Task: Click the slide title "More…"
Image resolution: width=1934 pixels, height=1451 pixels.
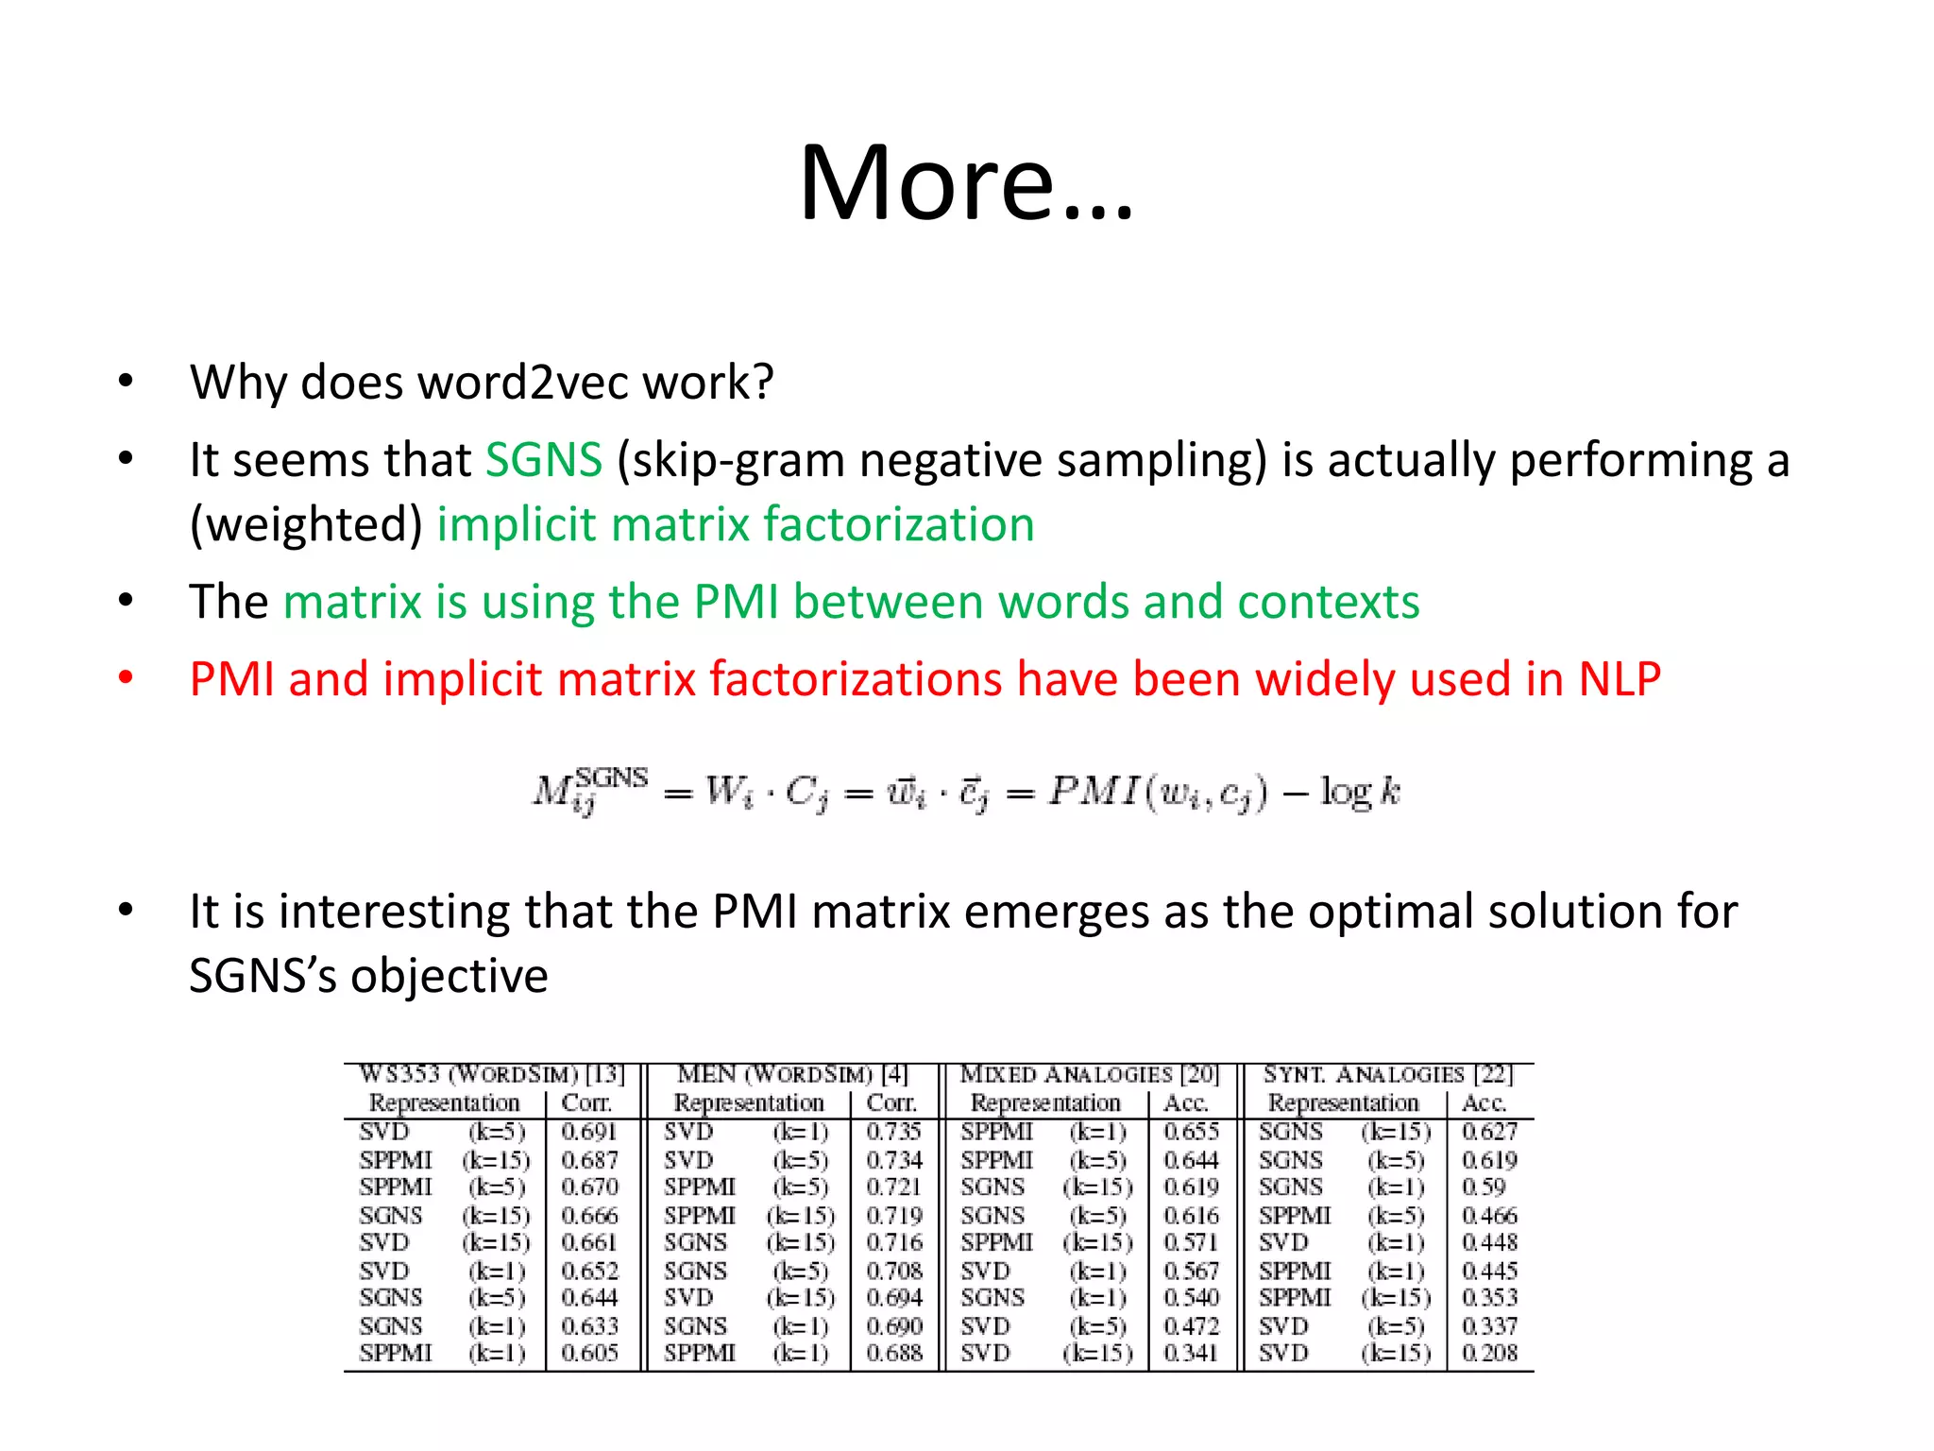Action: coord(965,182)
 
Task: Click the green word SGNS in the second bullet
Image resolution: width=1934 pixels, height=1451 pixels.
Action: coord(543,461)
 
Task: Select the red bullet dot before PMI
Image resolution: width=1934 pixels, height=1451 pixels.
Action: coord(126,678)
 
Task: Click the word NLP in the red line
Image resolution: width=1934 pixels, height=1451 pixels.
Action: coord(1620,679)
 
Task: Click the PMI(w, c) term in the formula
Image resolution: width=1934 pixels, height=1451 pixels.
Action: coord(1158,792)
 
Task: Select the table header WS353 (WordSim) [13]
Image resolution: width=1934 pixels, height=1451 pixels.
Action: coord(492,1075)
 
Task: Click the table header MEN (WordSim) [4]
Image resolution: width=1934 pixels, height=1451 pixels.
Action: coord(792,1075)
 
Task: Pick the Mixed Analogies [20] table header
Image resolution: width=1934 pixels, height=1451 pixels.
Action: coord(1090,1075)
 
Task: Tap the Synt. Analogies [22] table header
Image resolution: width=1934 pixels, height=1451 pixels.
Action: coord(1388,1075)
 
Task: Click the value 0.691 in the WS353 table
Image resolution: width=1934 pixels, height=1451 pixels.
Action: coord(589,1132)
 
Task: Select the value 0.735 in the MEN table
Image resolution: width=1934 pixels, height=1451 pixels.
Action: coord(893,1132)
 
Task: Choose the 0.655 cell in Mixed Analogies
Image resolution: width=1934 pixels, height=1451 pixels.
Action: coord(1191,1132)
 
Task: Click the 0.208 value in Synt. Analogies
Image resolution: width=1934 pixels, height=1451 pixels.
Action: coord(1489,1353)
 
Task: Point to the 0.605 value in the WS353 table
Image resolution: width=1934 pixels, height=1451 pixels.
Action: coord(589,1353)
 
